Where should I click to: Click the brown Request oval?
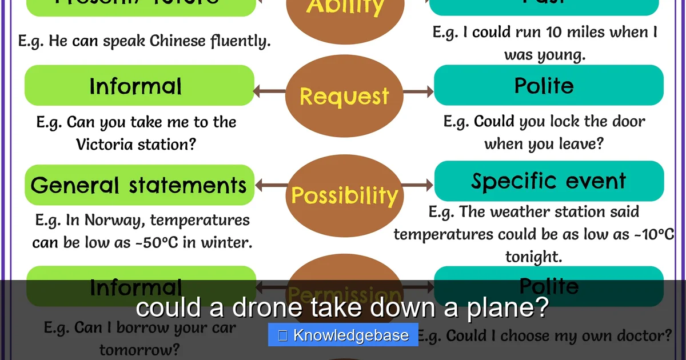[x=344, y=96]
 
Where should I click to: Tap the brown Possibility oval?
[x=344, y=195]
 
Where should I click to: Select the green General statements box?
[x=139, y=185]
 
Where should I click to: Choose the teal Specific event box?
[x=549, y=181]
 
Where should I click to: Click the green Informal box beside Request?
[x=139, y=86]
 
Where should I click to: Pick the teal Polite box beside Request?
[x=549, y=85]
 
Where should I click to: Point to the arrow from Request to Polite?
[x=418, y=91]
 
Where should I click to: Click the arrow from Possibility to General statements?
[x=270, y=185]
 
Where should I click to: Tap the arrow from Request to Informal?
[x=269, y=91]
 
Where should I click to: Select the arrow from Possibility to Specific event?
[x=418, y=185]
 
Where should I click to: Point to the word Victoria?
[x=106, y=144]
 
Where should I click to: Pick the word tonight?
[x=533, y=257]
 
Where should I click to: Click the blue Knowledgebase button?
[x=343, y=335]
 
